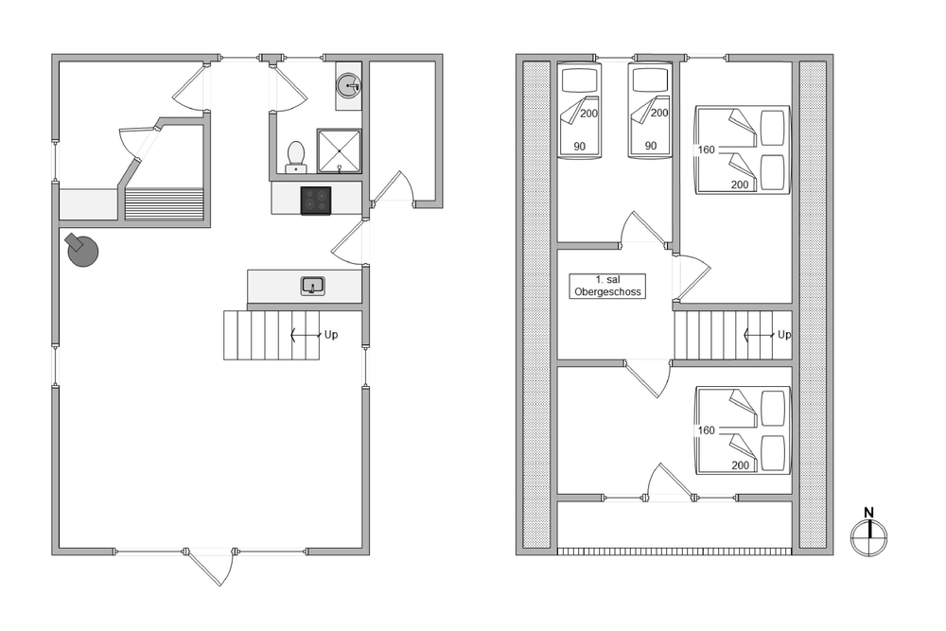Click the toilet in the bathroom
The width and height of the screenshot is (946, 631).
(295, 156)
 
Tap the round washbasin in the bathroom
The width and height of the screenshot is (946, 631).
(348, 86)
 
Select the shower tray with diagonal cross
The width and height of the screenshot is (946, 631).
(339, 150)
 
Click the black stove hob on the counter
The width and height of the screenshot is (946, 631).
(316, 201)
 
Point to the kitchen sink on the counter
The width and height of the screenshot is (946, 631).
(312, 286)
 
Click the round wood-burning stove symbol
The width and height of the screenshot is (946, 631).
(82, 250)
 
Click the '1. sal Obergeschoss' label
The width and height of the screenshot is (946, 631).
(607, 286)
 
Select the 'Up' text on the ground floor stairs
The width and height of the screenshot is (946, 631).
(331, 335)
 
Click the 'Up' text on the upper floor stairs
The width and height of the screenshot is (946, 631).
(784, 335)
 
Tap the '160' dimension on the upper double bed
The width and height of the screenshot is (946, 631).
(706, 149)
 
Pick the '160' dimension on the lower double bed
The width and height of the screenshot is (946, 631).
(706, 430)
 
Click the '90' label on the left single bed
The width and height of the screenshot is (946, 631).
(580, 146)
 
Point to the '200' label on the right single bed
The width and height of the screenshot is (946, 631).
(659, 113)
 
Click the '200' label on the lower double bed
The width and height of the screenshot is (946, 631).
(741, 465)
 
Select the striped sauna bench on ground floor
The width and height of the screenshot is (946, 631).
(164, 204)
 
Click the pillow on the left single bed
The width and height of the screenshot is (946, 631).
(580, 79)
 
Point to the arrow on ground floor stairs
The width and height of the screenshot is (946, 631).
(306, 335)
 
